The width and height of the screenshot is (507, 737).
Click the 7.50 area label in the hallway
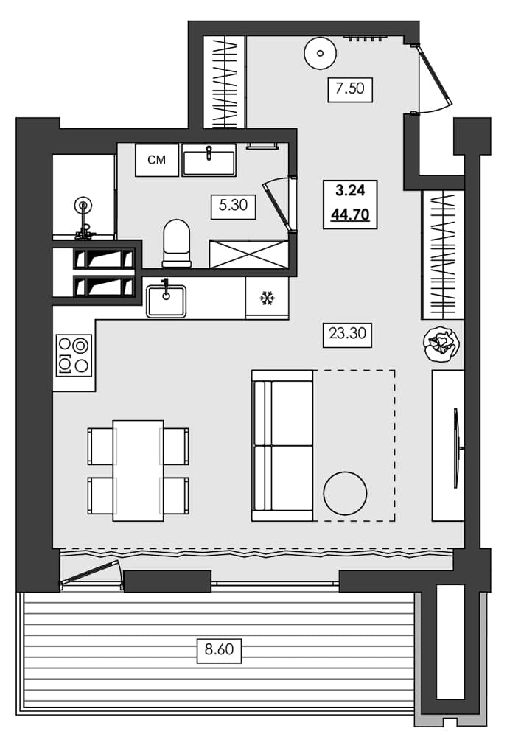tap(351, 89)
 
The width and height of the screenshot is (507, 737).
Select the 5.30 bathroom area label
tap(233, 206)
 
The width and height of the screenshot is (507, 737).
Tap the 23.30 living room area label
tap(347, 334)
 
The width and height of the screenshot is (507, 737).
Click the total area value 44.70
tap(351, 215)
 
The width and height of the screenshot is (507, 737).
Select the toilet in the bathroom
tap(176, 242)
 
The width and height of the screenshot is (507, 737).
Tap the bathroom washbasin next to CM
tap(209, 160)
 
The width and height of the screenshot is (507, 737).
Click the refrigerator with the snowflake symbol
tap(267, 298)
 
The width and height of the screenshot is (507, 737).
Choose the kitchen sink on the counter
tap(166, 300)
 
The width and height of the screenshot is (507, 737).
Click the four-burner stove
tap(74, 354)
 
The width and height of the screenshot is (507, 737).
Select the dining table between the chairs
tap(138, 470)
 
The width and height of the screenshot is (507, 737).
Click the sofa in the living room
tap(282, 445)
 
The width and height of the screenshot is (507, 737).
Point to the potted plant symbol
tap(442, 343)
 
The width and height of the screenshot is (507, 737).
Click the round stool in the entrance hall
tap(320, 52)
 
